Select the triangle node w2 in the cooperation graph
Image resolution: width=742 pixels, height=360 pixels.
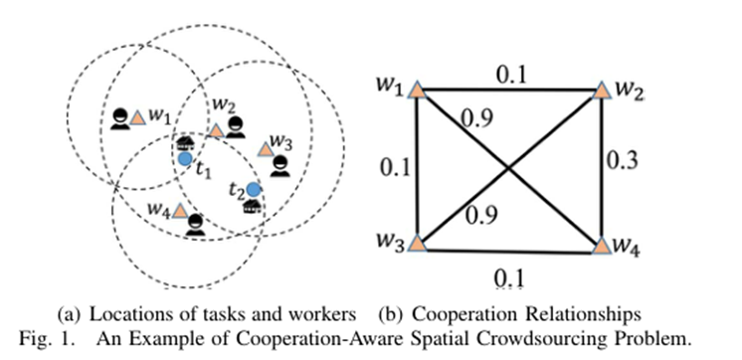(x=601, y=91)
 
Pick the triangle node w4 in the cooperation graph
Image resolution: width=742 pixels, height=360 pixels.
(x=600, y=243)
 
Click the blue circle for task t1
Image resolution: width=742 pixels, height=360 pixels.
(x=185, y=157)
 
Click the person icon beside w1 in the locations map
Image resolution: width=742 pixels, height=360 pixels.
(x=120, y=119)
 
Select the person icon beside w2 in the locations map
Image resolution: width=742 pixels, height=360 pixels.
(x=235, y=126)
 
